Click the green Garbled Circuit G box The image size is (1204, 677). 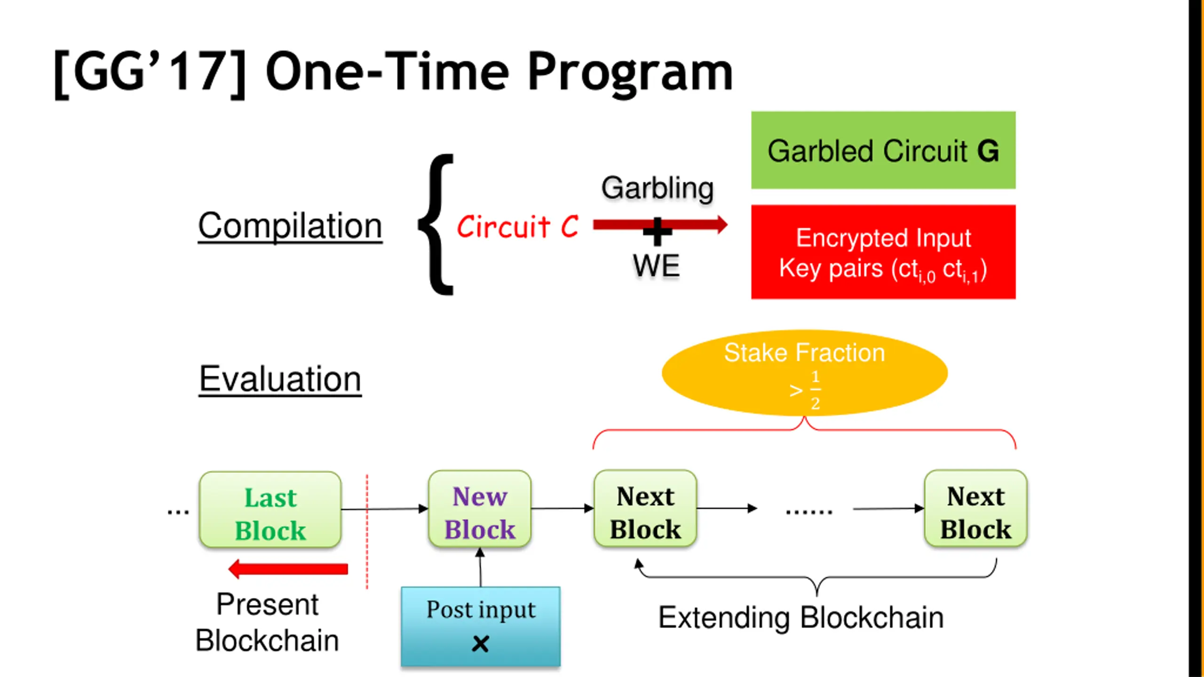[883, 150]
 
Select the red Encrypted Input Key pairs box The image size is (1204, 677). [883, 252]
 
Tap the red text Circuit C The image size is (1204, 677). [517, 227]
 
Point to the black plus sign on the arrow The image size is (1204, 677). [657, 231]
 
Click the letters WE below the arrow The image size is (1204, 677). [656, 266]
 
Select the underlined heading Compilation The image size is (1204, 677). [290, 227]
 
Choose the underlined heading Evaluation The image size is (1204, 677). [280, 379]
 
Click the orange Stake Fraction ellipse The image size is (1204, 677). [804, 372]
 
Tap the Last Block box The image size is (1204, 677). [270, 510]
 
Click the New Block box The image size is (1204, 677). [480, 509]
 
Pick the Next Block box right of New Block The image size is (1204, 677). [645, 509]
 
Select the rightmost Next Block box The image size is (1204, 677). [976, 509]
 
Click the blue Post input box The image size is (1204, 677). [481, 627]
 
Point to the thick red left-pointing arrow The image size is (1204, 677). [288, 569]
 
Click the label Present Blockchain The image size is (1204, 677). [267, 622]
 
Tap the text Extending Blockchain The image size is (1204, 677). [801, 618]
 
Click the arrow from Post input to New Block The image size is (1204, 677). [480, 567]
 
